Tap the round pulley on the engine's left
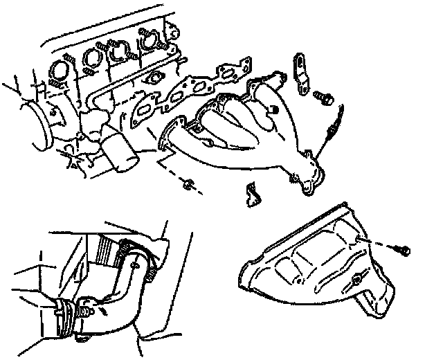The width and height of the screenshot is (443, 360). coord(33,121)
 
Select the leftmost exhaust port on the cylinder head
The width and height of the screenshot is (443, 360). coord(59,71)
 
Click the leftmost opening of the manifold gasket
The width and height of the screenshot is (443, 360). coord(145,110)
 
